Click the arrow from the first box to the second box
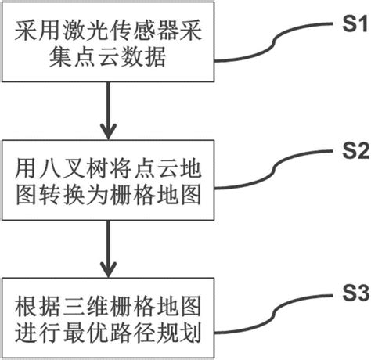[x=108, y=110]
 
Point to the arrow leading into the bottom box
[x=108, y=249]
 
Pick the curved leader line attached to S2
[x=274, y=171]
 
